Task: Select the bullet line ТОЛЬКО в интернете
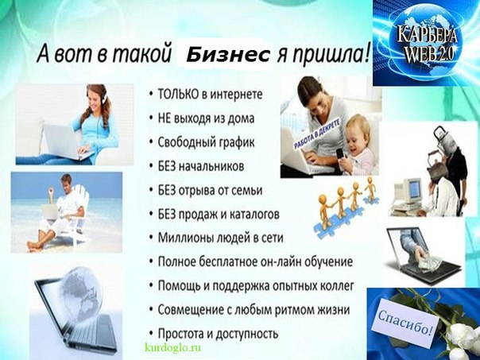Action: pyautogui.click(x=210, y=95)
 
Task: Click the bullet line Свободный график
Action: pyautogui.click(x=206, y=142)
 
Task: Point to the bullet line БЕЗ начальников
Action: pyautogui.click(x=201, y=167)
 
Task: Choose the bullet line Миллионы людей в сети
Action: pyautogui.click(x=220, y=238)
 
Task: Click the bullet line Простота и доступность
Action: pyautogui.click(x=218, y=334)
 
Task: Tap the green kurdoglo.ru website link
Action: pyautogui.click(x=173, y=348)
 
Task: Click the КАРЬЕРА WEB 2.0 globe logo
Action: pyautogui.click(x=426, y=43)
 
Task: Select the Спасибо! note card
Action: pyautogui.click(x=405, y=323)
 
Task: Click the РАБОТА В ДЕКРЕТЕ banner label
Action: pyautogui.click(x=317, y=134)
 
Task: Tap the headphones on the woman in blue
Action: pyautogui.click(x=103, y=95)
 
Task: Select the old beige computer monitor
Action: pyautogui.click(x=408, y=191)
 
